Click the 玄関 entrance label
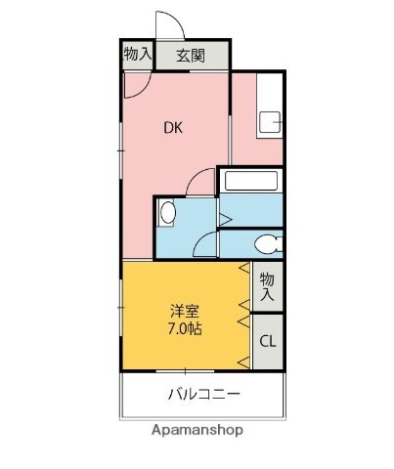tap(190, 56)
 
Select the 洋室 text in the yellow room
tap(184, 311)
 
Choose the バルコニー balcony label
tap(203, 395)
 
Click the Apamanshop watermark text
tap(197, 429)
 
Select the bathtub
tap(249, 181)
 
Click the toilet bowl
tap(266, 244)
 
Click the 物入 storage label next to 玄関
tap(137, 55)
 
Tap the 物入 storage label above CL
tap(267, 285)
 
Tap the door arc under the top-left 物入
tap(135, 83)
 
